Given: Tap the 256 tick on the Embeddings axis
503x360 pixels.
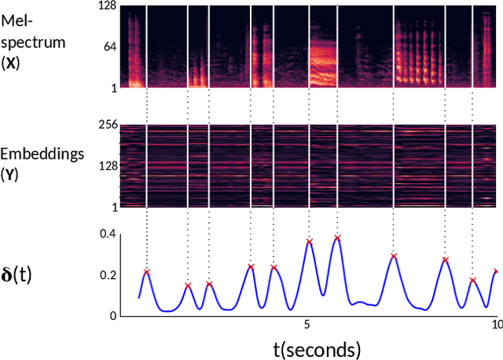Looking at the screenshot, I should click(105, 124).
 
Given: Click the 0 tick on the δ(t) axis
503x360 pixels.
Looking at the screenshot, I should click(112, 316).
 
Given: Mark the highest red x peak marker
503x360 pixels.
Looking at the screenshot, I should click(337, 237).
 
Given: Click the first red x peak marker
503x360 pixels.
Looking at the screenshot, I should click(147, 271).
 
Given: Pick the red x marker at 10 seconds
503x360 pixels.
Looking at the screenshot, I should click(496, 271).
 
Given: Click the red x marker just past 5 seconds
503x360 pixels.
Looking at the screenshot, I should click(309, 242).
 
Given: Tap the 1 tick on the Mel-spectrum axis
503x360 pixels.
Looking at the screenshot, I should click(114, 87).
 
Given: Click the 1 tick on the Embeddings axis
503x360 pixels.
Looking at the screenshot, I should click(114, 207).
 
